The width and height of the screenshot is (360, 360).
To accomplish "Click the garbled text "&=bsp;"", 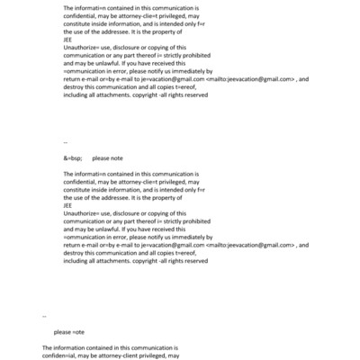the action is (x=72, y=157).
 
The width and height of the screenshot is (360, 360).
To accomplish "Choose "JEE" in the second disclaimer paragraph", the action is (x=68, y=203).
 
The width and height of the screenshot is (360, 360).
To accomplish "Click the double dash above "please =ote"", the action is (x=44, y=315).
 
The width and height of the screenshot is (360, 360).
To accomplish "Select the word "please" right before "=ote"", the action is (x=62, y=332).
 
